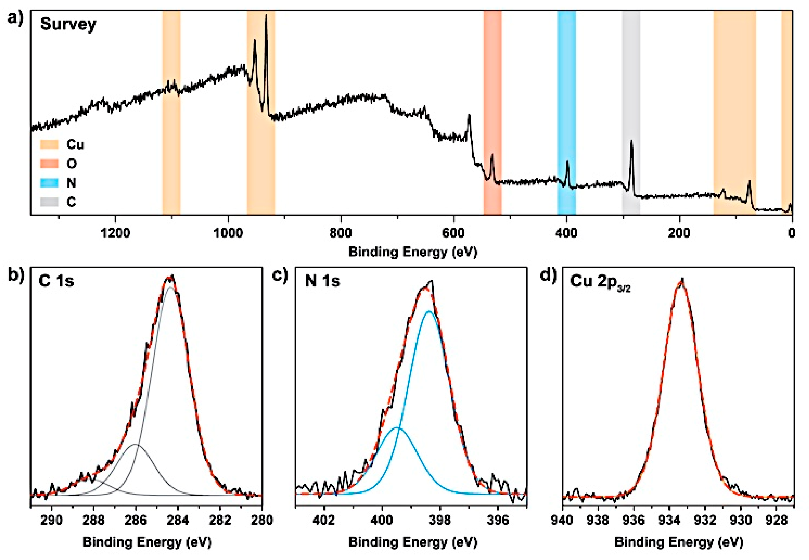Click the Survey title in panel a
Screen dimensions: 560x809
click(68, 24)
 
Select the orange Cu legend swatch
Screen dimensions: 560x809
click(49, 144)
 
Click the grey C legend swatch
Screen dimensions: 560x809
click(49, 202)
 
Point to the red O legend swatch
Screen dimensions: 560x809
click(49, 163)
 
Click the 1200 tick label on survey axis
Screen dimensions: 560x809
click(115, 233)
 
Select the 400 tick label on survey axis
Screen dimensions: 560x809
click(567, 233)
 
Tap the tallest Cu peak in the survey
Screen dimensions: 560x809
click(266, 16)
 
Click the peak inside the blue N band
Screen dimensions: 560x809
click(567, 162)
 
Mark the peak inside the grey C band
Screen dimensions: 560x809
click(632, 141)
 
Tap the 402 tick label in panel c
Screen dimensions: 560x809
click(324, 520)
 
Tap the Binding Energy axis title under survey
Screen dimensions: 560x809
click(412, 252)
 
